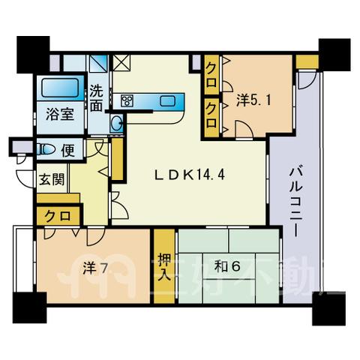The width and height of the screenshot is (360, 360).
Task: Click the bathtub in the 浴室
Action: [x=60, y=88]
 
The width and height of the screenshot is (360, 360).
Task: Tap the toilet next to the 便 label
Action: [x=46, y=150]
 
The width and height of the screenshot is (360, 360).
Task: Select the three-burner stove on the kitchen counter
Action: [x=127, y=101]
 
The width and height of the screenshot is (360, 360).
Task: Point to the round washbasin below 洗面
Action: [x=116, y=124]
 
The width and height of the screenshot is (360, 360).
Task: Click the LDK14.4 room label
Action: [x=190, y=175]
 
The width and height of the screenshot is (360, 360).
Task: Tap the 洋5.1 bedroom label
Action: [x=253, y=101]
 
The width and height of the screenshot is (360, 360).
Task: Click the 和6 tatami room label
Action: [x=227, y=267]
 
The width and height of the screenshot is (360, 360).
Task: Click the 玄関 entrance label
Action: [x=52, y=179]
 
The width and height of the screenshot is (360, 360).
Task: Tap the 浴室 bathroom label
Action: [x=60, y=115]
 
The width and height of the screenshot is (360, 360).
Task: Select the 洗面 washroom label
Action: [x=97, y=98]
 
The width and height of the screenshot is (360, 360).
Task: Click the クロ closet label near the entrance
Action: [x=58, y=215]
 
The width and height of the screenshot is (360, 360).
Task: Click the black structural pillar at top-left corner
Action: [x=33, y=55]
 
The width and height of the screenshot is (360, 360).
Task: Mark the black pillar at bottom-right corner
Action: [x=329, y=308]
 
